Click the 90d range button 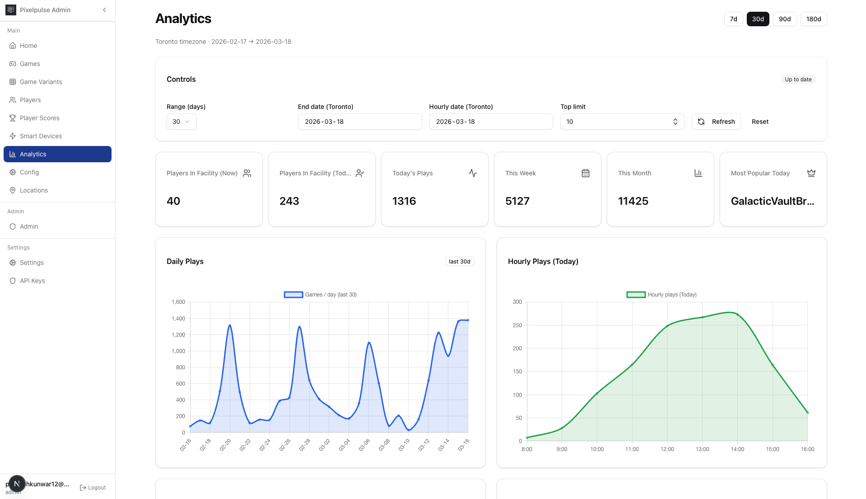[784, 19]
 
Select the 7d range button [733, 19]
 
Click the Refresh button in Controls [716, 122]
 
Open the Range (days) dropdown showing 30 [181, 122]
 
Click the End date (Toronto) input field [359, 122]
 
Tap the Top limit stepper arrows [675, 122]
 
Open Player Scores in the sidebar [39, 118]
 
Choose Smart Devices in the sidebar [41, 136]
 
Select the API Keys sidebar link [32, 281]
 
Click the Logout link [93, 488]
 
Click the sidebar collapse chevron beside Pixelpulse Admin [104, 10]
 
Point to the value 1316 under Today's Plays [404, 201]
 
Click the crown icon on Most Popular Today [811, 173]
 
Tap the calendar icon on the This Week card [585, 173]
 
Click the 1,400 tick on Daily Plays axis [178, 319]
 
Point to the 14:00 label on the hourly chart [737, 449]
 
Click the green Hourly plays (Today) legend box [636, 295]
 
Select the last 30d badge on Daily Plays [459, 262]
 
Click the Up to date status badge [798, 80]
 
